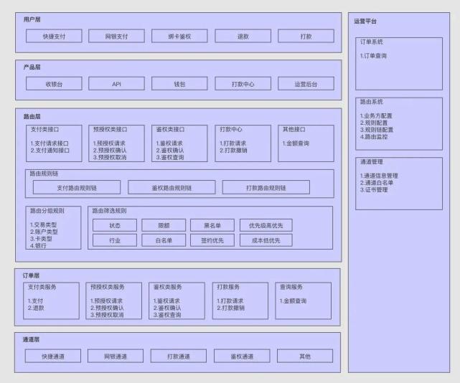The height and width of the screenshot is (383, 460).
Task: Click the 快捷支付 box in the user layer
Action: click(54, 36)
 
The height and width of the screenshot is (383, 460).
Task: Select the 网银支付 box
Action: click(116, 36)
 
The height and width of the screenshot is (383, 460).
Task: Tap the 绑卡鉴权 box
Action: click(179, 36)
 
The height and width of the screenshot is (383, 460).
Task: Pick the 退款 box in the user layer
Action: click(243, 36)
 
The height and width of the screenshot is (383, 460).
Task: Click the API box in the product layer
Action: click(116, 84)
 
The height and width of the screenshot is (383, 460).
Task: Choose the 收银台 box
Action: click(54, 84)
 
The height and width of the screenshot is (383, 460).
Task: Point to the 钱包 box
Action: click(179, 84)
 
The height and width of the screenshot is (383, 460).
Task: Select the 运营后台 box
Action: click(306, 84)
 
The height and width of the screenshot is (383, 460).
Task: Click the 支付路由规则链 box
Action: click(77, 187)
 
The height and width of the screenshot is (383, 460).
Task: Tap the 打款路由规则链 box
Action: click(266, 187)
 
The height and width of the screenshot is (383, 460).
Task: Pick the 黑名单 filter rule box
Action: click(212, 225)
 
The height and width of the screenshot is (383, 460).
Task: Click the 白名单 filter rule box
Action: click(164, 240)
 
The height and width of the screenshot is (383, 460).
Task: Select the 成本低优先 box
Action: click(266, 240)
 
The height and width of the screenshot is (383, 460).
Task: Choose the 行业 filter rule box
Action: click(115, 240)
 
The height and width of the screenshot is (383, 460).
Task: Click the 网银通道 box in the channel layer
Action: click(116, 356)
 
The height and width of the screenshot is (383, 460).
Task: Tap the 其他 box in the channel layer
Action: click(305, 356)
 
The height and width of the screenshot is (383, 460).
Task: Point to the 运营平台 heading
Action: click(365, 21)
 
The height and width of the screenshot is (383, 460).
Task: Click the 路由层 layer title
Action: click(32, 116)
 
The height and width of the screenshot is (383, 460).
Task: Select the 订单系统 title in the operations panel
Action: click(372, 42)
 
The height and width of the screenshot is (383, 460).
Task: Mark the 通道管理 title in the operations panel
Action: click(372, 161)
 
